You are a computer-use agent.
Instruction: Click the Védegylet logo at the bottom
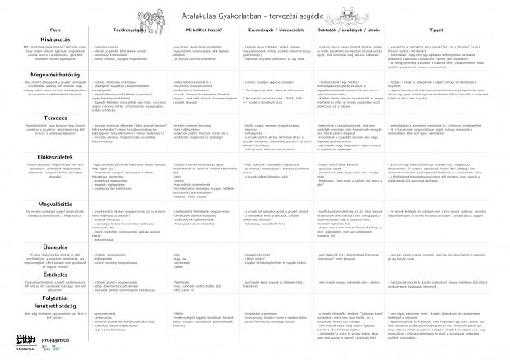(x=26, y=340)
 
